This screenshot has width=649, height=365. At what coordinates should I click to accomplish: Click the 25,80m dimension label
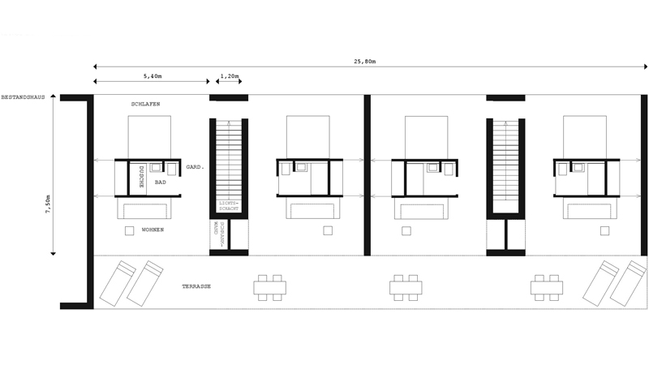[x=364, y=62]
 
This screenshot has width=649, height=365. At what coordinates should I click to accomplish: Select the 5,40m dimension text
[x=153, y=76]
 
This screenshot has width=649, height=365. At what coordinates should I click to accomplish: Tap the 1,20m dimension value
[x=230, y=76]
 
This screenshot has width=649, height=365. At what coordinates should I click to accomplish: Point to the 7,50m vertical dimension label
[x=48, y=204]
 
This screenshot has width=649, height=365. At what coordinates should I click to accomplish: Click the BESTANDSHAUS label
[x=23, y=97]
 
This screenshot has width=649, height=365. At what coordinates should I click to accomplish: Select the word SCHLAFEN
[x=146, y=105]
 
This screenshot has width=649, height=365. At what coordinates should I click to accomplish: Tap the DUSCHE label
[x=140, y=177]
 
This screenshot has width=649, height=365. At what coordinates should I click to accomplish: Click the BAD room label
[x=160, y=182]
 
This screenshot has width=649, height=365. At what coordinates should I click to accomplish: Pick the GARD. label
[x=195, y=167]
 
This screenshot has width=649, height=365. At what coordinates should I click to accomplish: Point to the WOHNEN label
[x=153, y=230]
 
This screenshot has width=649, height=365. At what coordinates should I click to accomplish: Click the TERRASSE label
[x=196, y=286]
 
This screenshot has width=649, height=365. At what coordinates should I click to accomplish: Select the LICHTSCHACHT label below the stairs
[x=229, y=206]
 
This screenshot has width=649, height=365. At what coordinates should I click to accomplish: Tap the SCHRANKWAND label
[x=219, y=234]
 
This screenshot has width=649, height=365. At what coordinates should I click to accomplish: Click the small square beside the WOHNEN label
[x=130, y=231]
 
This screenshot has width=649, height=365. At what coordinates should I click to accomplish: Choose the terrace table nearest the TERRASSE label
[x=270, y=288]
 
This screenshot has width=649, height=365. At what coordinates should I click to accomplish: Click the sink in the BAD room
[x=156, y=168]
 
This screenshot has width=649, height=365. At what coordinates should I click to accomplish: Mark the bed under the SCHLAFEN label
[x=149, y=137]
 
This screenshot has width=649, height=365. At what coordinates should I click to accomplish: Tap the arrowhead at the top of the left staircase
[x=228, y=122]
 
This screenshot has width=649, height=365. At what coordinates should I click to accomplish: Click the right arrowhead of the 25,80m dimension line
[x=645, y=67]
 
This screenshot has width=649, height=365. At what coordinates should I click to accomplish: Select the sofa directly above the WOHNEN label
[x=144, y=208]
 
